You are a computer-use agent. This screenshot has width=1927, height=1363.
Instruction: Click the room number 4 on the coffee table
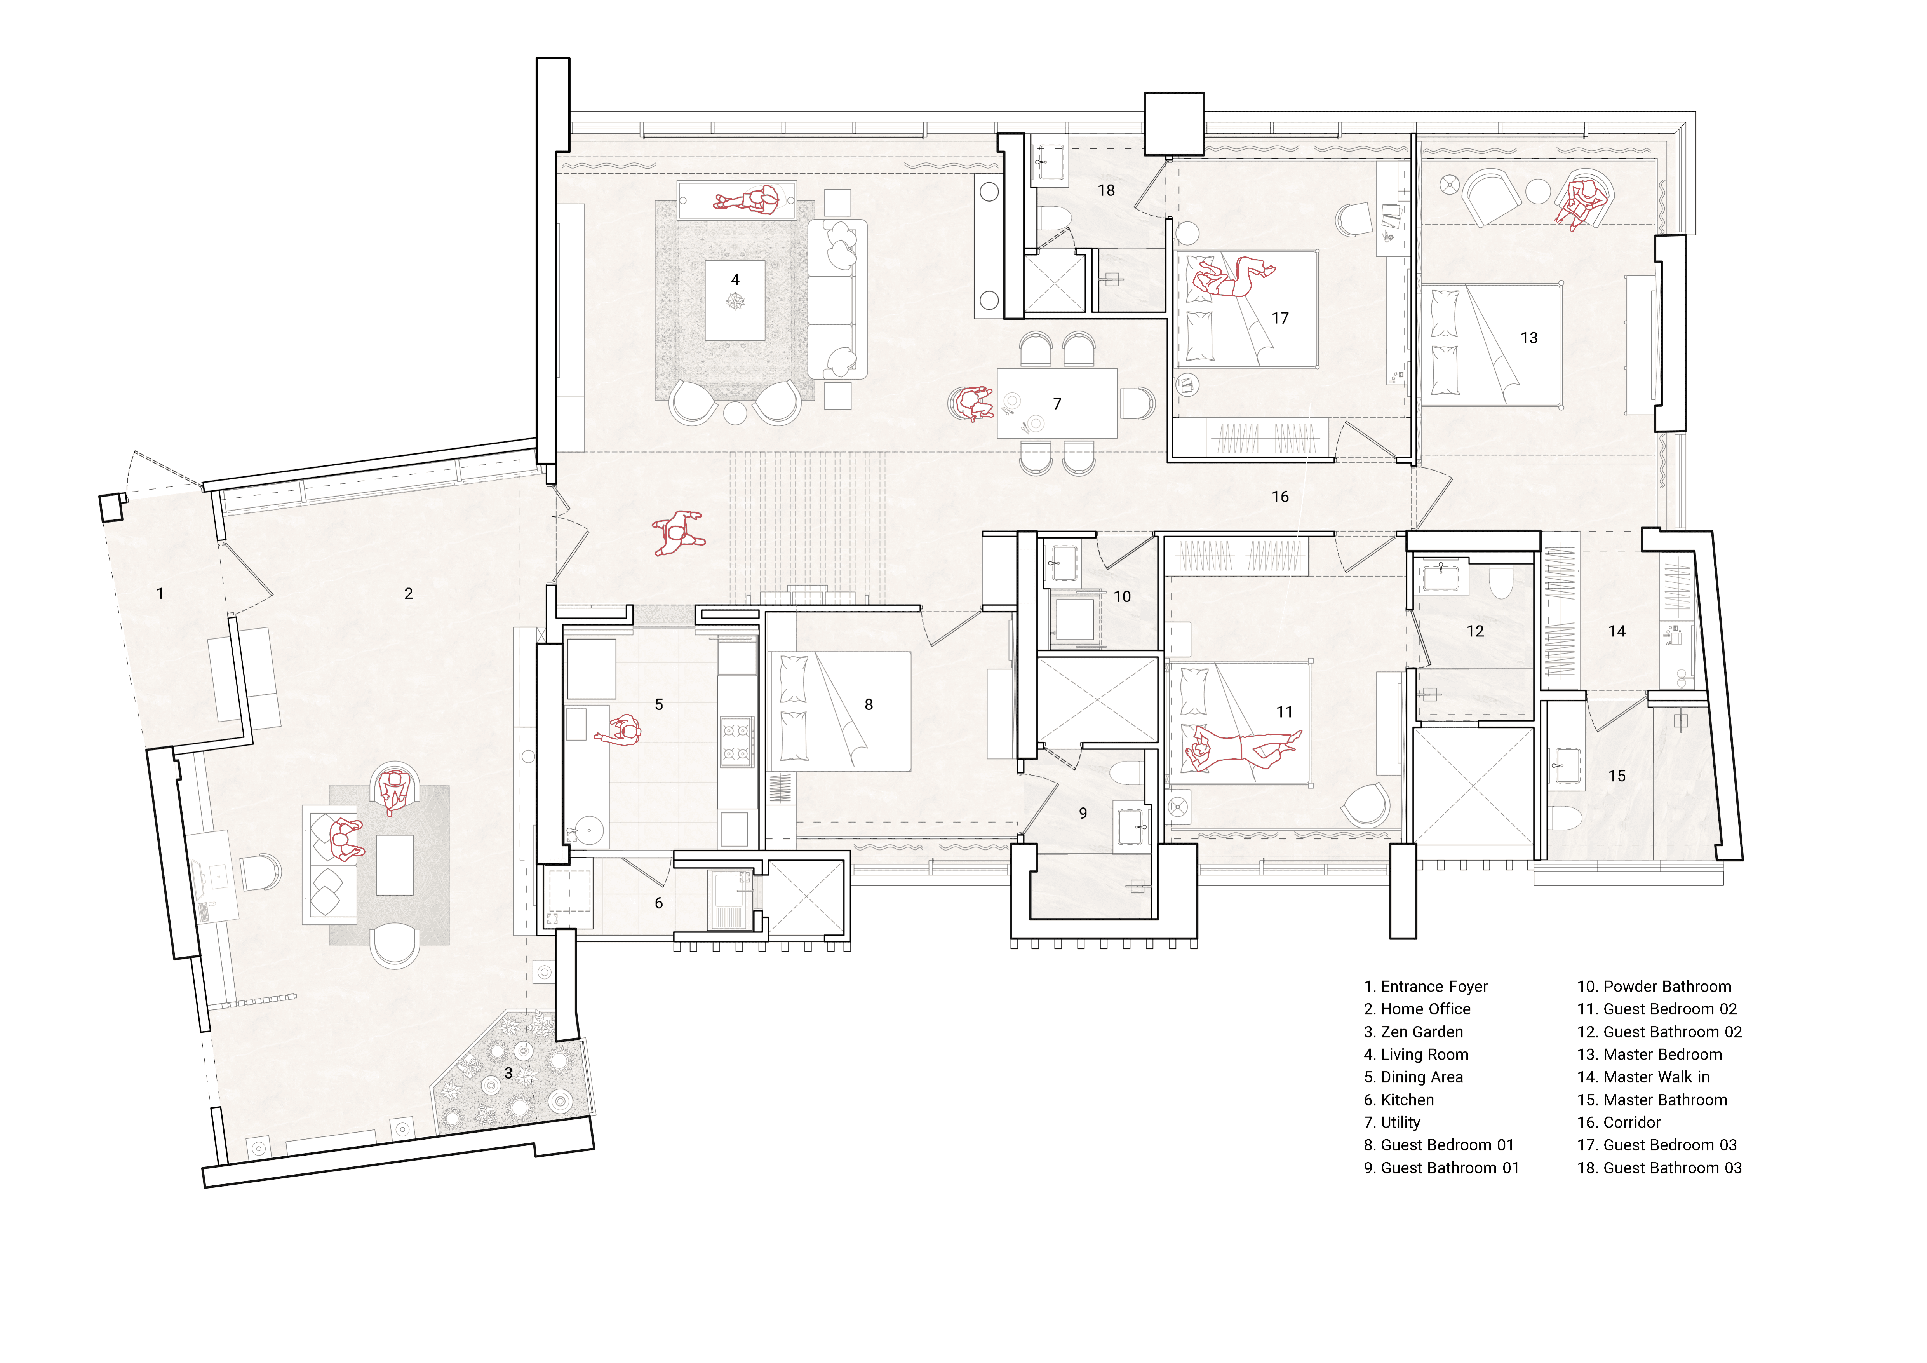pos(735,279)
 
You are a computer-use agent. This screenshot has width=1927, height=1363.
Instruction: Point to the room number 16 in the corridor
pos(1280,497)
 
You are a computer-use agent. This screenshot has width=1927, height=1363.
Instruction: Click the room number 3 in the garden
pos(508,1074)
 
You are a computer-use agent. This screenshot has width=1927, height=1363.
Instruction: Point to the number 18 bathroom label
pos(1106,190)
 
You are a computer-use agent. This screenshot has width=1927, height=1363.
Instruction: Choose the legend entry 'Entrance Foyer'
pos(1426,986)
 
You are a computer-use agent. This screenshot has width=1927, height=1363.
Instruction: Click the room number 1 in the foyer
pos(160,593)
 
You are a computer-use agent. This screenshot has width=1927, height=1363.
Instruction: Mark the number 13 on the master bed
pos(1529,338)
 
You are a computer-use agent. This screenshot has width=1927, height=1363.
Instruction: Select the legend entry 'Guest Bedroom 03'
pos(1657,1145)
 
